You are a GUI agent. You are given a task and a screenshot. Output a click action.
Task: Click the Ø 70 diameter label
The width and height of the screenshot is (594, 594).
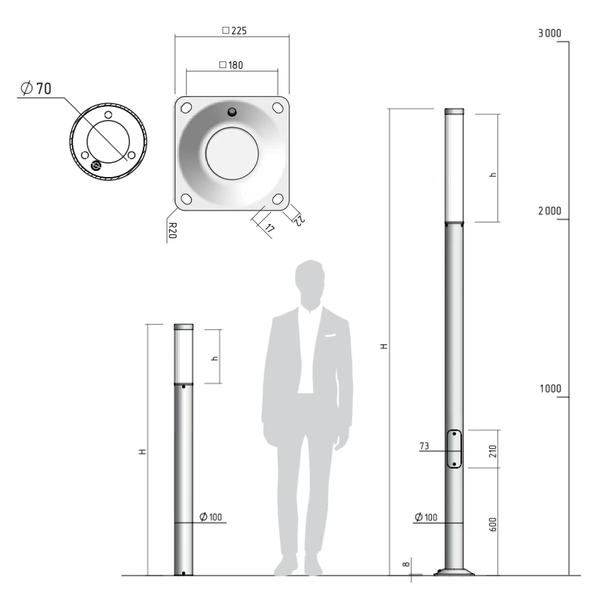point(36,88)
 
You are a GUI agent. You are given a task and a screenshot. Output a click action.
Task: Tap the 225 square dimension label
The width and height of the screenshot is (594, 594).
point(234,31)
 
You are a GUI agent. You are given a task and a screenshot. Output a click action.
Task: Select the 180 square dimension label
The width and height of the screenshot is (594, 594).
point(231,65)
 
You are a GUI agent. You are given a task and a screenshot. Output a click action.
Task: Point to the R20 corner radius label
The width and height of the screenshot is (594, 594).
point(172,230)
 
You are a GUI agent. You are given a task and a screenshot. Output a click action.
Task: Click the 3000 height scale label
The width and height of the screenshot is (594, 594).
point(549,34)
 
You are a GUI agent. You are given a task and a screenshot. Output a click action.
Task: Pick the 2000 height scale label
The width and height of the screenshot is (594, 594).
point(549,211)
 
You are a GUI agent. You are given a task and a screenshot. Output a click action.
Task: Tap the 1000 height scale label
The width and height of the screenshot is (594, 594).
point(550,389)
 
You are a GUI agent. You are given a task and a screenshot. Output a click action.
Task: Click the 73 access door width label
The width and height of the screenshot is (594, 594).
point(424,446)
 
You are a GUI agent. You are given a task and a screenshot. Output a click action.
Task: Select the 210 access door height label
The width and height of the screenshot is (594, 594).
point(492,451)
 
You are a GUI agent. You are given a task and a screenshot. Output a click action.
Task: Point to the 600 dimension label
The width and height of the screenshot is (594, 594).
point(492,525)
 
